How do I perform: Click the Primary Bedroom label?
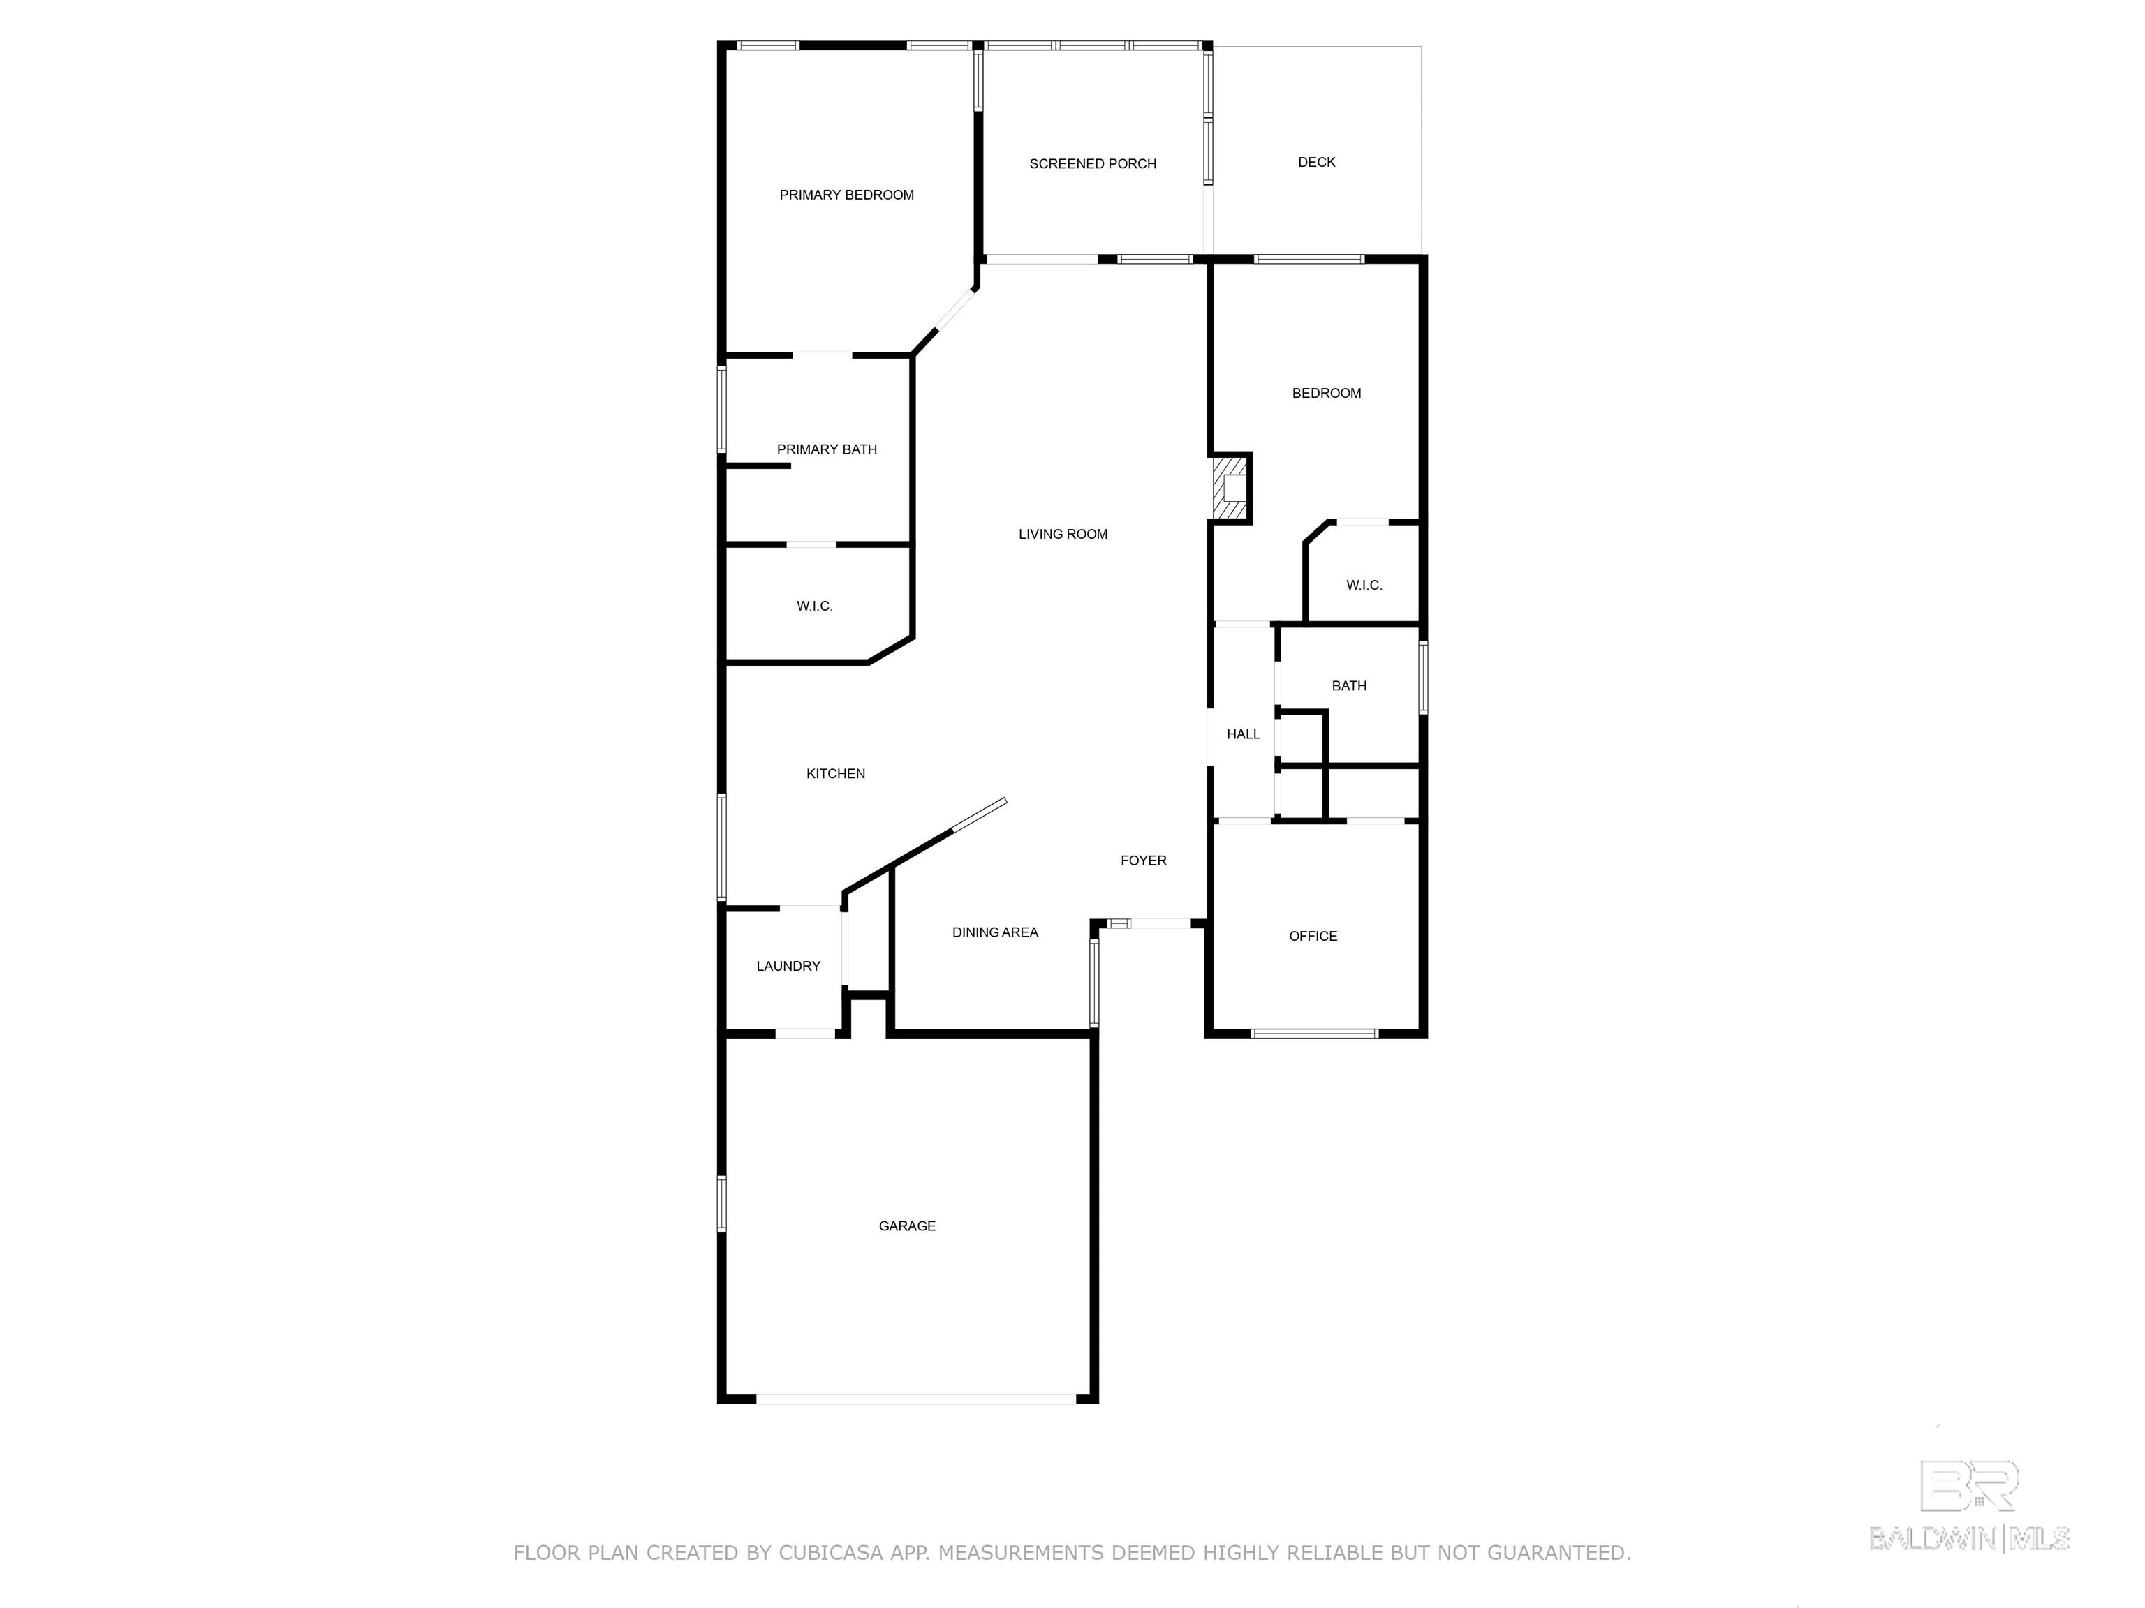(846, 195)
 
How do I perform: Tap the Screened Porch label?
(1093, 164)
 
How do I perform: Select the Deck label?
(1317, 162)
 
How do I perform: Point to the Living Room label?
(1063, 534)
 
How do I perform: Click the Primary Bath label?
(827, 449)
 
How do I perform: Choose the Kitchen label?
(836, 773)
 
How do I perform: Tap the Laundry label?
(788, 967)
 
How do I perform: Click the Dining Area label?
(995, 932)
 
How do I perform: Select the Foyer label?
(1143, 861)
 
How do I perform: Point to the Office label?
(1313, 937)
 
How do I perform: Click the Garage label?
(908, 1226)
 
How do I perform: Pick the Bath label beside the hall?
(1349, 686)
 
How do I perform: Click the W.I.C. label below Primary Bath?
(815, 606)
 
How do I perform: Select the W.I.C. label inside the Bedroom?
(1364, 586)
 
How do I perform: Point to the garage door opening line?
(916, 1399)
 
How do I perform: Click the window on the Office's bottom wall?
(1315, 1033)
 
